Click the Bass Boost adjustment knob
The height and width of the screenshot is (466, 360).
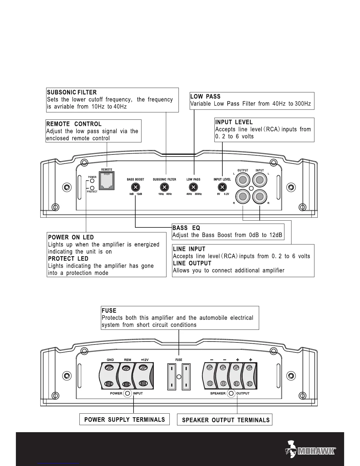tap(135, 187)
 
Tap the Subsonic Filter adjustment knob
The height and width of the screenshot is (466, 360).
tap(164, 187)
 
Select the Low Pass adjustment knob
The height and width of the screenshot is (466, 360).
tap(193, 187)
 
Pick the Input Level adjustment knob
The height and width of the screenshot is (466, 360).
tap(222, 187)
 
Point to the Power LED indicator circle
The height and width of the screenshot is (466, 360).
tap(92, 181)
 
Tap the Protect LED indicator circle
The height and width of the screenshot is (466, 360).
tap(92, 188)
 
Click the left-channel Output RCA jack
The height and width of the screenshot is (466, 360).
tap(243, 180)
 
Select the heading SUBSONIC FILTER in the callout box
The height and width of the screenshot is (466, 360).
tap(72, 93)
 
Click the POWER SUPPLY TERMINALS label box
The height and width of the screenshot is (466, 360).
tap(124, 419)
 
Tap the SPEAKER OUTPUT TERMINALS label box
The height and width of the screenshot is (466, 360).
tap(225, 420)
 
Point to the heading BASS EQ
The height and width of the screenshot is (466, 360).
tap(186, 228)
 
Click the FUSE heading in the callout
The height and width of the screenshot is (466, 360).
tap(109, 311)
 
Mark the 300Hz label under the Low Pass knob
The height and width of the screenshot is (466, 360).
tap(198, 194)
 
